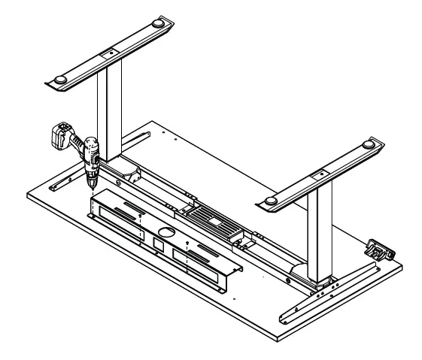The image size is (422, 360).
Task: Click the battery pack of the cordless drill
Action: point(60,136)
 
